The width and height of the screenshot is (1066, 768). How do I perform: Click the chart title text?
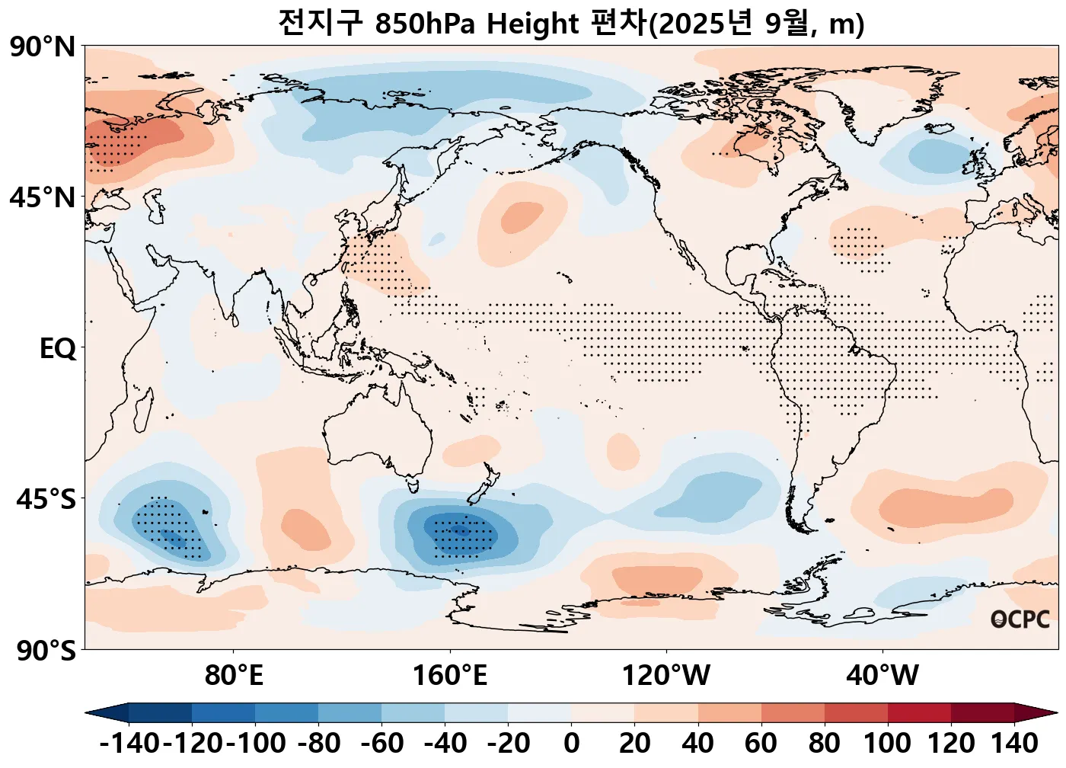coord(571,24)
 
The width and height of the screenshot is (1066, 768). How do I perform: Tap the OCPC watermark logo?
coord(1020,619)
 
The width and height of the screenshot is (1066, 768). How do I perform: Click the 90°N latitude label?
coord(43,47)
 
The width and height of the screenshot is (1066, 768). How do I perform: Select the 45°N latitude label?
coord(43,198)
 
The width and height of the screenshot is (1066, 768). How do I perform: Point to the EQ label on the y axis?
coord(58,349)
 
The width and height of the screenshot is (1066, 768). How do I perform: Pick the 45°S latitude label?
coord(46,500)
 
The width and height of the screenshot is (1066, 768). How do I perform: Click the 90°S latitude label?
coord(46,651)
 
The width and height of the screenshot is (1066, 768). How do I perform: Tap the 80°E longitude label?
coord(234,675)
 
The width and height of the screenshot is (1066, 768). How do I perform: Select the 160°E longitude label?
coord(449,675)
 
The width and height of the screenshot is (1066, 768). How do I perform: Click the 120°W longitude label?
coord(666,675)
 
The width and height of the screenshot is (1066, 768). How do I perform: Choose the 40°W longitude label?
coord(882,675)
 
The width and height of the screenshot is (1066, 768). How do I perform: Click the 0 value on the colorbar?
coord(572,743)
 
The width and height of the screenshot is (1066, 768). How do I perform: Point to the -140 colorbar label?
coord(129,743)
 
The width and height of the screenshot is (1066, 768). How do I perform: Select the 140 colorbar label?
coord(1014,743)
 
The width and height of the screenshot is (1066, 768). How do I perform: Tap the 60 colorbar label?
coord(761,743)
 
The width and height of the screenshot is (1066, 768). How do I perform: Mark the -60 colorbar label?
coord(382,743)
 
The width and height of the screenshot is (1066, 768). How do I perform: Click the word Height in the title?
coord(532,24)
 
